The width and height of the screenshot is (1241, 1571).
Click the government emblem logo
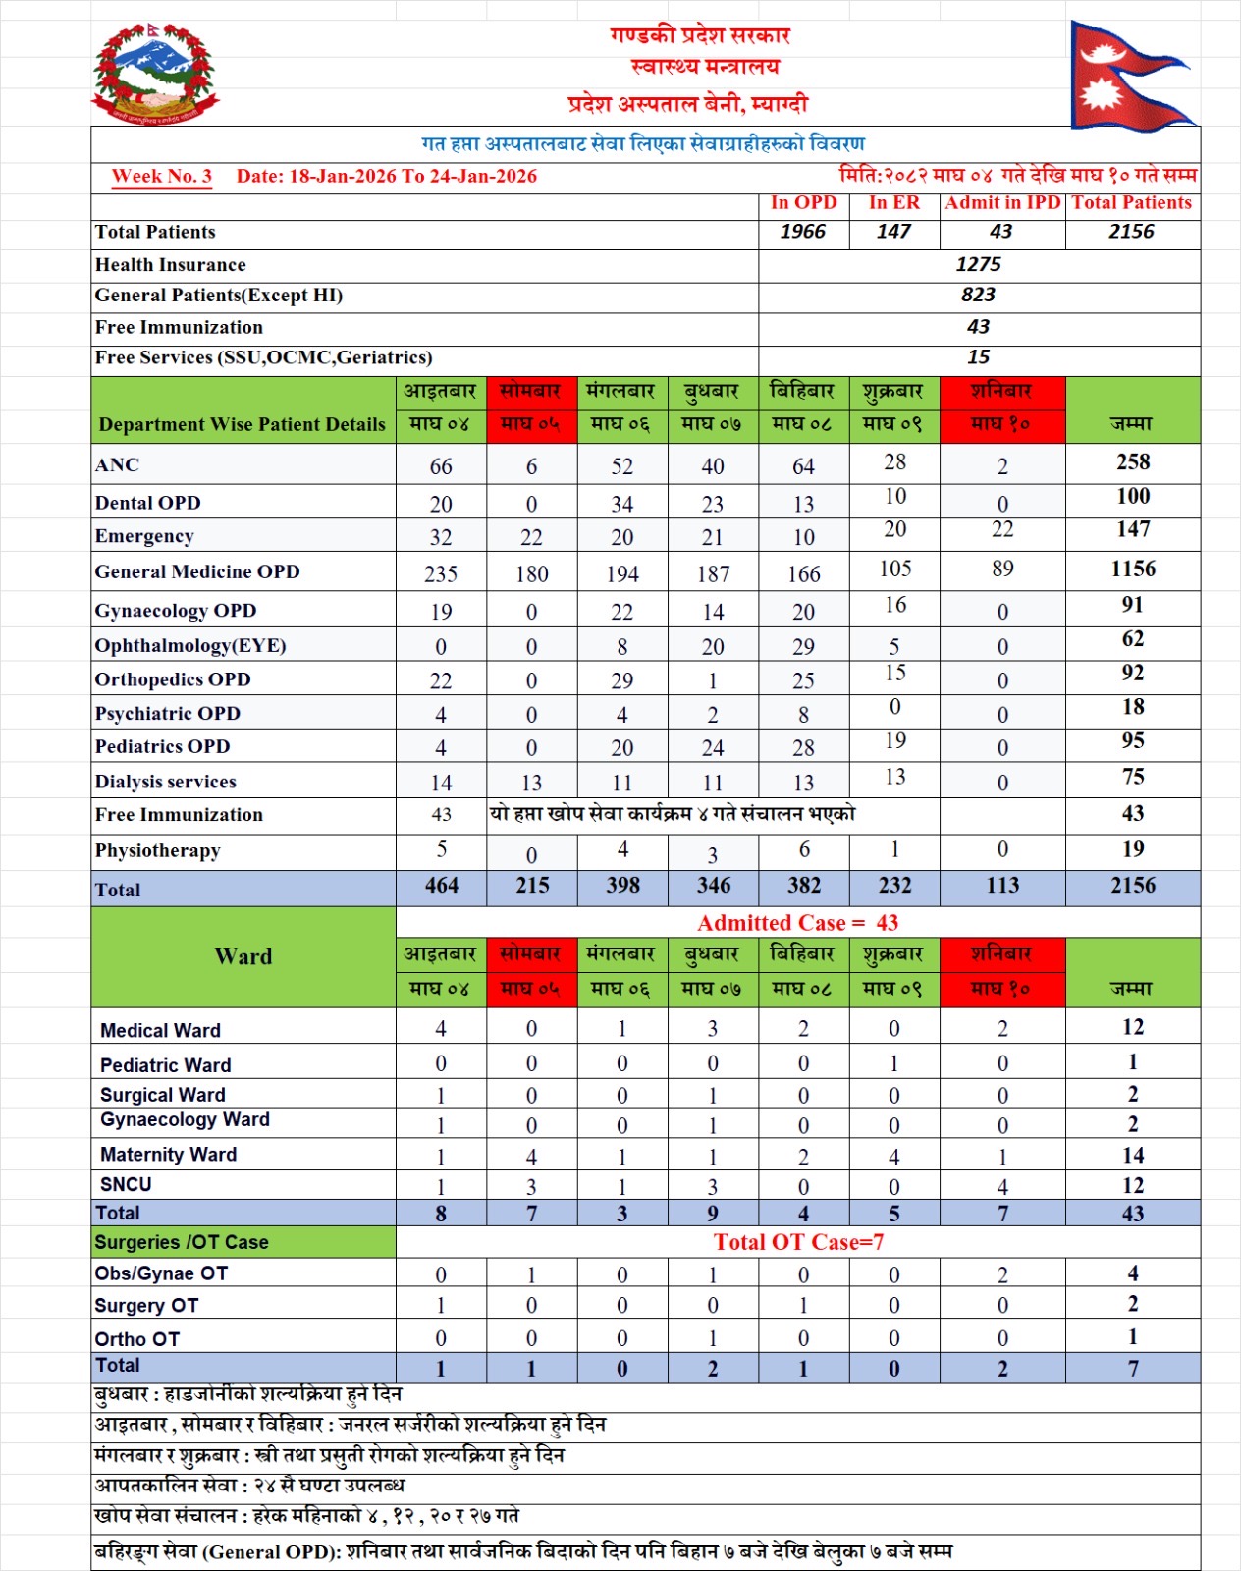point(155,77)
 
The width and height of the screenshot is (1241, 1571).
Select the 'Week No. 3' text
point(162,177)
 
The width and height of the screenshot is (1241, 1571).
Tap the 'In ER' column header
point(893,203)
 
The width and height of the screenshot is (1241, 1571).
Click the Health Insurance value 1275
point(978,265)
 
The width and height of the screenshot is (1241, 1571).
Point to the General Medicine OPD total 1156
point(1132,569)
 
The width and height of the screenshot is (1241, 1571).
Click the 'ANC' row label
point(118,465)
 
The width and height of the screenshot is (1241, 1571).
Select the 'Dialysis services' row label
point(166,782)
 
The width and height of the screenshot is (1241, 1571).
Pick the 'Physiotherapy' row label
point(158,850)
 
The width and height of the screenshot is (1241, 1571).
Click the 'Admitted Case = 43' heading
point(797,923)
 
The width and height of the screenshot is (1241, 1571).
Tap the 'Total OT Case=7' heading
point(798,1242)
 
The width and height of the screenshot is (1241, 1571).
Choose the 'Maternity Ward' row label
point(169,1155)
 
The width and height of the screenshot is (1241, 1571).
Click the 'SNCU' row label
point(127,1185)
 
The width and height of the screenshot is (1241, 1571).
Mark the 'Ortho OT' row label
point(137,1339)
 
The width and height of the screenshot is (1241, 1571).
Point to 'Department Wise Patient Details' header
point(243,424)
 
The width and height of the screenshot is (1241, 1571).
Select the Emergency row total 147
point(1132,529)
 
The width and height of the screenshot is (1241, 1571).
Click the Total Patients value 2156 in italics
point(1131,232)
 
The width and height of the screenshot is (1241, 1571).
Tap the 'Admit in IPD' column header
point(1002,203)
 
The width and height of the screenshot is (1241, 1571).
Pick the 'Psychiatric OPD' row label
point(168,714)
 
